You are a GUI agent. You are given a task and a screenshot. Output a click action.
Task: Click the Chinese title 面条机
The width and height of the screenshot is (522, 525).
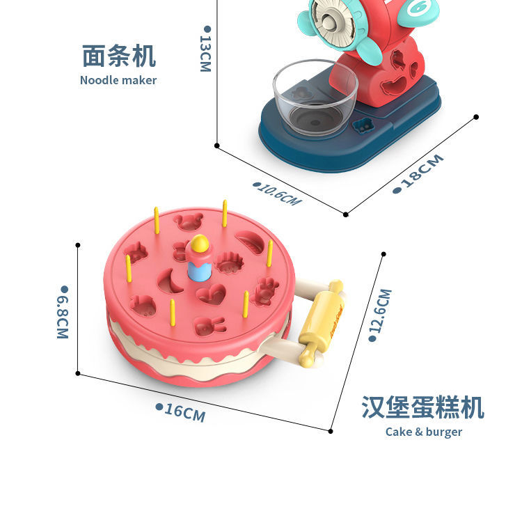pos(118,55)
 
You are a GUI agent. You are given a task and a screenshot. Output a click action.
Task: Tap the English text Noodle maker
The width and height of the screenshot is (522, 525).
pos(118,80)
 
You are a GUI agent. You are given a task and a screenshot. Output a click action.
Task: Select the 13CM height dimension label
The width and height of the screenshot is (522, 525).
pos(205,49)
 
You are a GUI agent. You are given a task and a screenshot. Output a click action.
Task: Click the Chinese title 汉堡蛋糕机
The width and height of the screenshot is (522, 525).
pos(422,407)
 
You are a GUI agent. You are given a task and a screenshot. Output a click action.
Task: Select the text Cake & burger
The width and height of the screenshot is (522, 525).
pos(424,432)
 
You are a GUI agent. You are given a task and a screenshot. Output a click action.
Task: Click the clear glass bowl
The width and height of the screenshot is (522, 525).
pos(315,97)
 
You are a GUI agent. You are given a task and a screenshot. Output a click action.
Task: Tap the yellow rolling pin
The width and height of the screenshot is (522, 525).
pos(323,322)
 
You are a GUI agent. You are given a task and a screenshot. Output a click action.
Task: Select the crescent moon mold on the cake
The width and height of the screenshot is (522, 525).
pos(171,282)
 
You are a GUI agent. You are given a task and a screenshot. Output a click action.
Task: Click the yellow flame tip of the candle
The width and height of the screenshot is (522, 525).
pos(200,243)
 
